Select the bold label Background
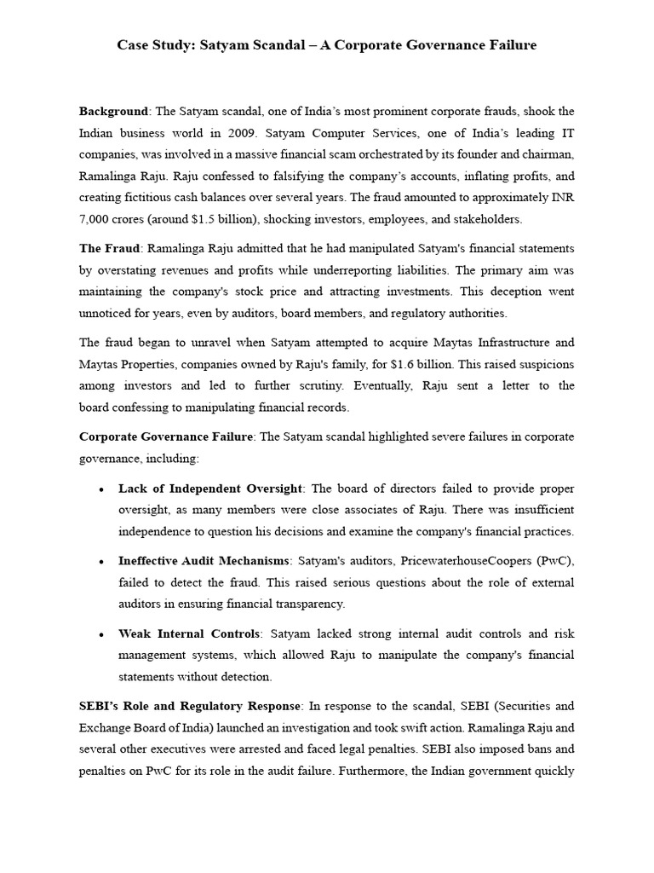(114, 112)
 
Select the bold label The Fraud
(110, 248)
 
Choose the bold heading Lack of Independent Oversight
(210, 489)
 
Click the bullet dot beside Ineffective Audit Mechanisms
(102, 562)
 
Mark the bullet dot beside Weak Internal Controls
(102, 634)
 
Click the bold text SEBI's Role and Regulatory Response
(190, 706)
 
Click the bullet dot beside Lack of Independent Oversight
(102, 489)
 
